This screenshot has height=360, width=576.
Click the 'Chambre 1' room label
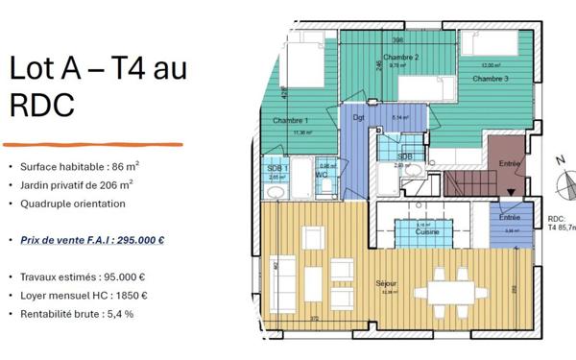pyautogui.click(x=290, y=121)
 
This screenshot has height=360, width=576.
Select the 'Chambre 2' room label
pyautogui.click(x=400, y=58)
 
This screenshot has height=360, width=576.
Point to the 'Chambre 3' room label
pyautogui.click(x=491, y=78)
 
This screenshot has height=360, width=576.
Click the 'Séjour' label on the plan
pyautogui.click(x=389, y=284)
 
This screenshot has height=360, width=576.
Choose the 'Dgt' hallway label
pyautogui.click(x=360, y=118)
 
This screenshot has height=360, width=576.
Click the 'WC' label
pyautogui.click(x=326, y=175)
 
